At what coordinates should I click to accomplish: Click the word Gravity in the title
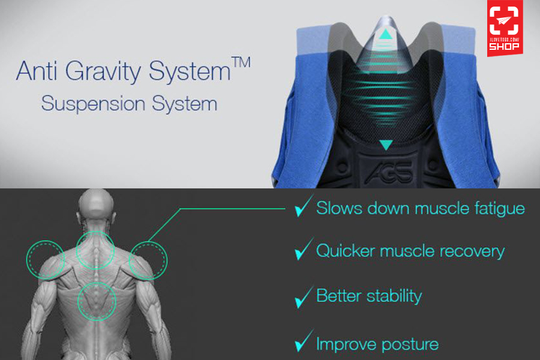click(103, 71)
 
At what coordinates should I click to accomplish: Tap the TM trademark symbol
click(241, 62)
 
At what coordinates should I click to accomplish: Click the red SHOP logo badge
click(505, 28)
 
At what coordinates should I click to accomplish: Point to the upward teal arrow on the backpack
click(386, 34)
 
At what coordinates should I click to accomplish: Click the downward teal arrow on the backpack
click(386, 145)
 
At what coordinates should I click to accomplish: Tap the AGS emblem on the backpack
click(389, 172)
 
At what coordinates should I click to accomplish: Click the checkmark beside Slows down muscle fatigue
click(304, 206)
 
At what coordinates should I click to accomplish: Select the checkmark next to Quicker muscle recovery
click(304, 249)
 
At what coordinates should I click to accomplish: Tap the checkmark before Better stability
click(304, 297)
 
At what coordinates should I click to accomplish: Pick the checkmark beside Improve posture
click(304, 341)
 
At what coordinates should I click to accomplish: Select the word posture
click(410, 345)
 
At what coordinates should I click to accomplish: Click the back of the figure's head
click(96, 206)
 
